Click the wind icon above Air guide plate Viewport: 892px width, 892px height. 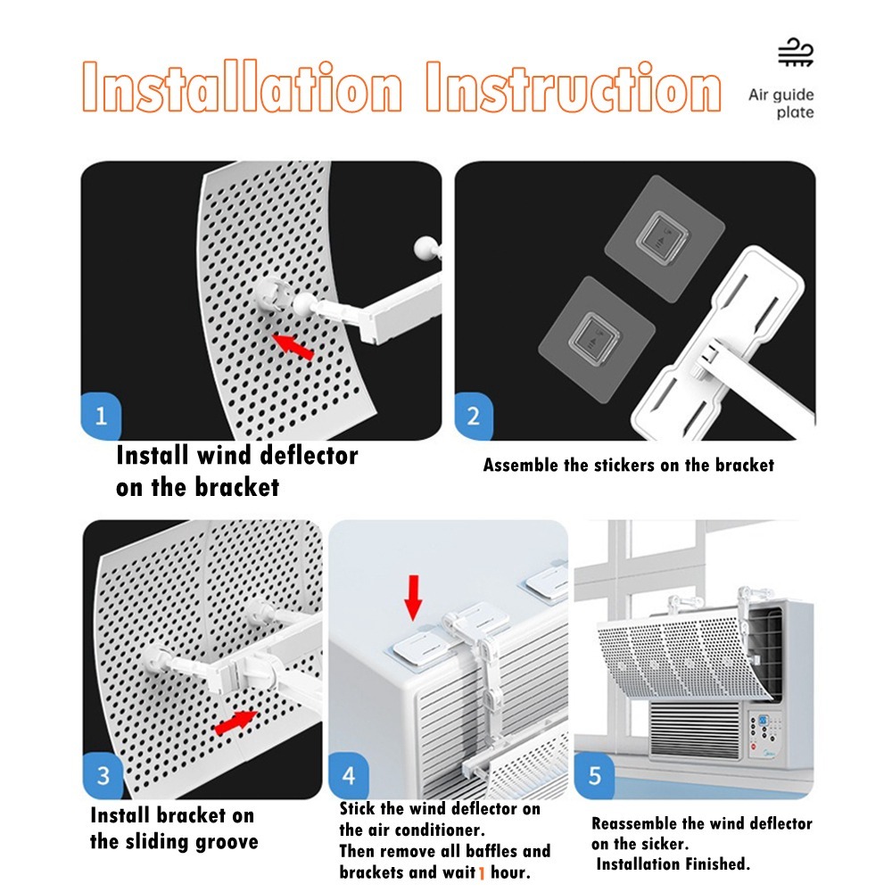pos(796,53)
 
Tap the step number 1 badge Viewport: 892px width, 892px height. pos(101,416)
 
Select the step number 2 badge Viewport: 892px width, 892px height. pos(474,416)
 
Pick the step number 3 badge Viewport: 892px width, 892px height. pos(103,775)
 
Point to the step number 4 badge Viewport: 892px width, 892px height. pos(349,775)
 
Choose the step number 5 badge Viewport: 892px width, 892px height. pos(594,775)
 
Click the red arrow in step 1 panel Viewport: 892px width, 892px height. pos(293,346)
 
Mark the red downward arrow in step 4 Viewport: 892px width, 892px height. pos(414,598)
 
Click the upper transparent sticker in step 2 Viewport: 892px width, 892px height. pos(664,238)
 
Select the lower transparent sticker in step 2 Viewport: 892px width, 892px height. pos(597,340)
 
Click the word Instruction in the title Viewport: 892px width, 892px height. pos(574,87)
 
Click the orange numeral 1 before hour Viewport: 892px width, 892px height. pos(482,872)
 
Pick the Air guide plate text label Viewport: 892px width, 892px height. pos(781,103)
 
